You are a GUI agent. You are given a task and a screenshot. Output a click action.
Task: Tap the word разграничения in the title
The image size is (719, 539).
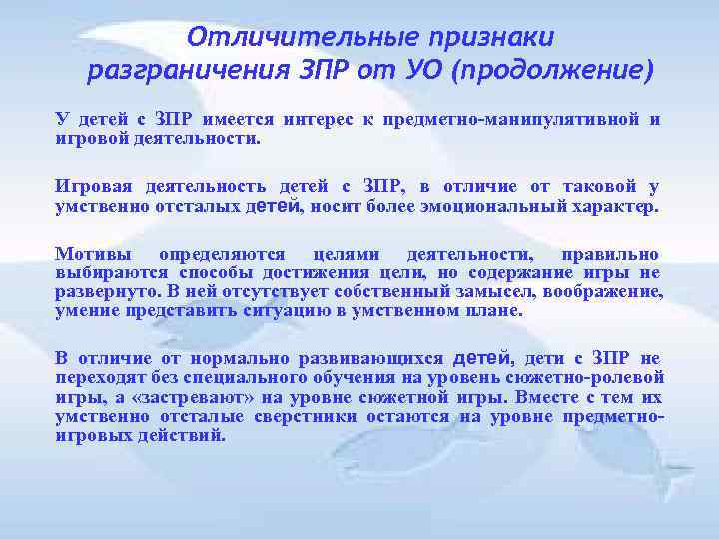point(198,72)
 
